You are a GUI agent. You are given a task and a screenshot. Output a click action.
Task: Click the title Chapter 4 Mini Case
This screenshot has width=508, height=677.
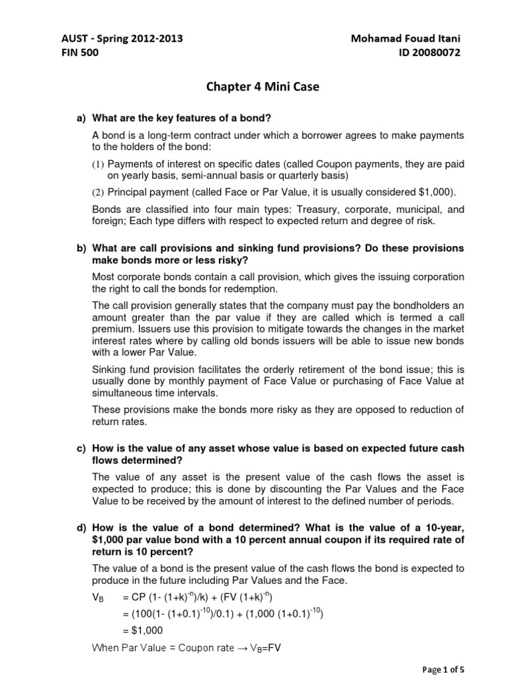coord(254,87)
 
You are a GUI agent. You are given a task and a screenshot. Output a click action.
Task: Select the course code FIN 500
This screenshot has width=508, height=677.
coord(79,54)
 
